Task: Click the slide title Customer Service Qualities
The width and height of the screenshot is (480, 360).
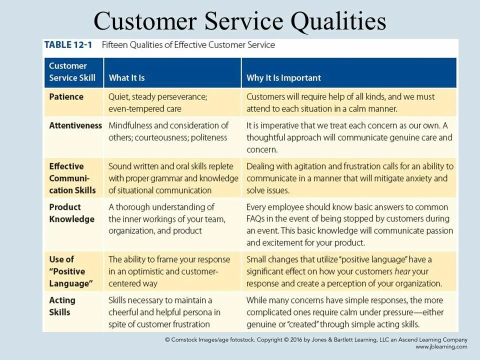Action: pyautogui.click(x=240, y=21)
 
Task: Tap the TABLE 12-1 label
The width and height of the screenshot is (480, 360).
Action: pyautogui.click(x=68, y=44)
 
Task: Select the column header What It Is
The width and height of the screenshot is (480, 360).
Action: pyautogui.click(x=126, y=77)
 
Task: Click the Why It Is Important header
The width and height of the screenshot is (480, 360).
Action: pyautogui.click(x=283, y=77)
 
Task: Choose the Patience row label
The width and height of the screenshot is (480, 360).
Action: pyautogui.click(x=66, y=96)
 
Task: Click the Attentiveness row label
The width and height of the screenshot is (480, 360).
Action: pyautogui.click(x=75, y=125)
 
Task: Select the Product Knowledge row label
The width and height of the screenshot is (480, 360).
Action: pyautogui.click(x=71, y=213)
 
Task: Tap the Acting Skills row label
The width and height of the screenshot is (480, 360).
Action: pyautogui.click(x=62, y=306)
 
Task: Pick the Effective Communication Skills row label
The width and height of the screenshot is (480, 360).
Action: pyautogui.click(x=72, y=178)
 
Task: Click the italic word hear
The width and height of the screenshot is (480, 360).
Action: pyautogui.click(x=404, y=271)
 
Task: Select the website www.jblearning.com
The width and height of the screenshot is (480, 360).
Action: pyautogui.click(x=441, y=346)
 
